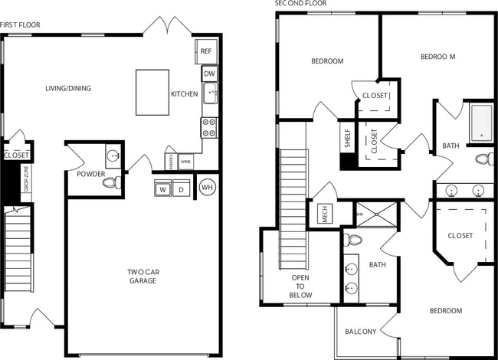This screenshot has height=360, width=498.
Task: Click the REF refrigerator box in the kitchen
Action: pyautogui.click(x=206, y=51)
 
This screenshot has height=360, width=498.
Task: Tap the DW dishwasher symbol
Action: pyautogui.click(x=208, y=74)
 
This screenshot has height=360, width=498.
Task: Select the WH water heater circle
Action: pyautogui.click(x=207, y=187)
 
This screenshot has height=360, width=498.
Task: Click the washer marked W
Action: pyautogui.click(x=162, y=189)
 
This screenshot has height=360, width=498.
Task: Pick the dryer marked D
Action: pyautogui.click(x=182, y=189)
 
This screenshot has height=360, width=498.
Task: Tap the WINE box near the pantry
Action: pyautogui.click(x=185, y=162)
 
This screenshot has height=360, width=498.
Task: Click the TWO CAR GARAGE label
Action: pyautogui.click(x=142, y=276)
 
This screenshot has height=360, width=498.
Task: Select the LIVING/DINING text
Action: pyautogui.click(x=67, y=88)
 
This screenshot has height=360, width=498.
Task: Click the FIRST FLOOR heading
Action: pyautogui.click(x=21, y=25)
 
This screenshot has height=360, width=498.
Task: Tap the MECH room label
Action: pyautogui.click(x=324, y=215)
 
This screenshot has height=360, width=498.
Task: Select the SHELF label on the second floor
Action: pyautogui.click(x=347, y=139)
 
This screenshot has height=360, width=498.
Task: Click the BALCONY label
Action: pyautogui.click(x=360, y=332)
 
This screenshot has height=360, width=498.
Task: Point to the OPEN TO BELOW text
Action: pyautogui.click(x=300, y=286)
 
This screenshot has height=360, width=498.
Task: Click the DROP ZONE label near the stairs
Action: pyautogui.click(x=26, y=183)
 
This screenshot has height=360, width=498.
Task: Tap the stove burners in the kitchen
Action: pyautogui.click(x=208, y=127)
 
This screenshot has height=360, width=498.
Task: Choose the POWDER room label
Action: pyautogui.click(x=90, y=174)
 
